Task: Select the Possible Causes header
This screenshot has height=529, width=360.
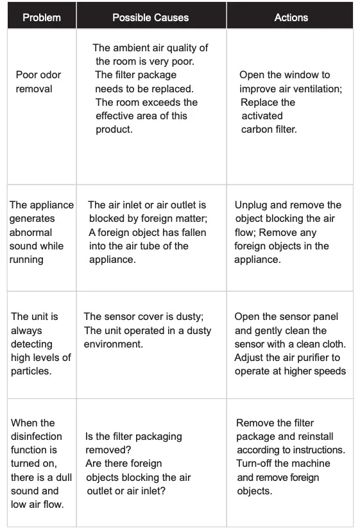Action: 150,17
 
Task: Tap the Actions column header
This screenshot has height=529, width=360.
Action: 291,17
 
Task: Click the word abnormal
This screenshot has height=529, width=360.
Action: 31,232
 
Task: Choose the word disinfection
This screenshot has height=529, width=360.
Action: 37,437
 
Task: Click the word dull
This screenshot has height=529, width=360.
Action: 60,477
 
